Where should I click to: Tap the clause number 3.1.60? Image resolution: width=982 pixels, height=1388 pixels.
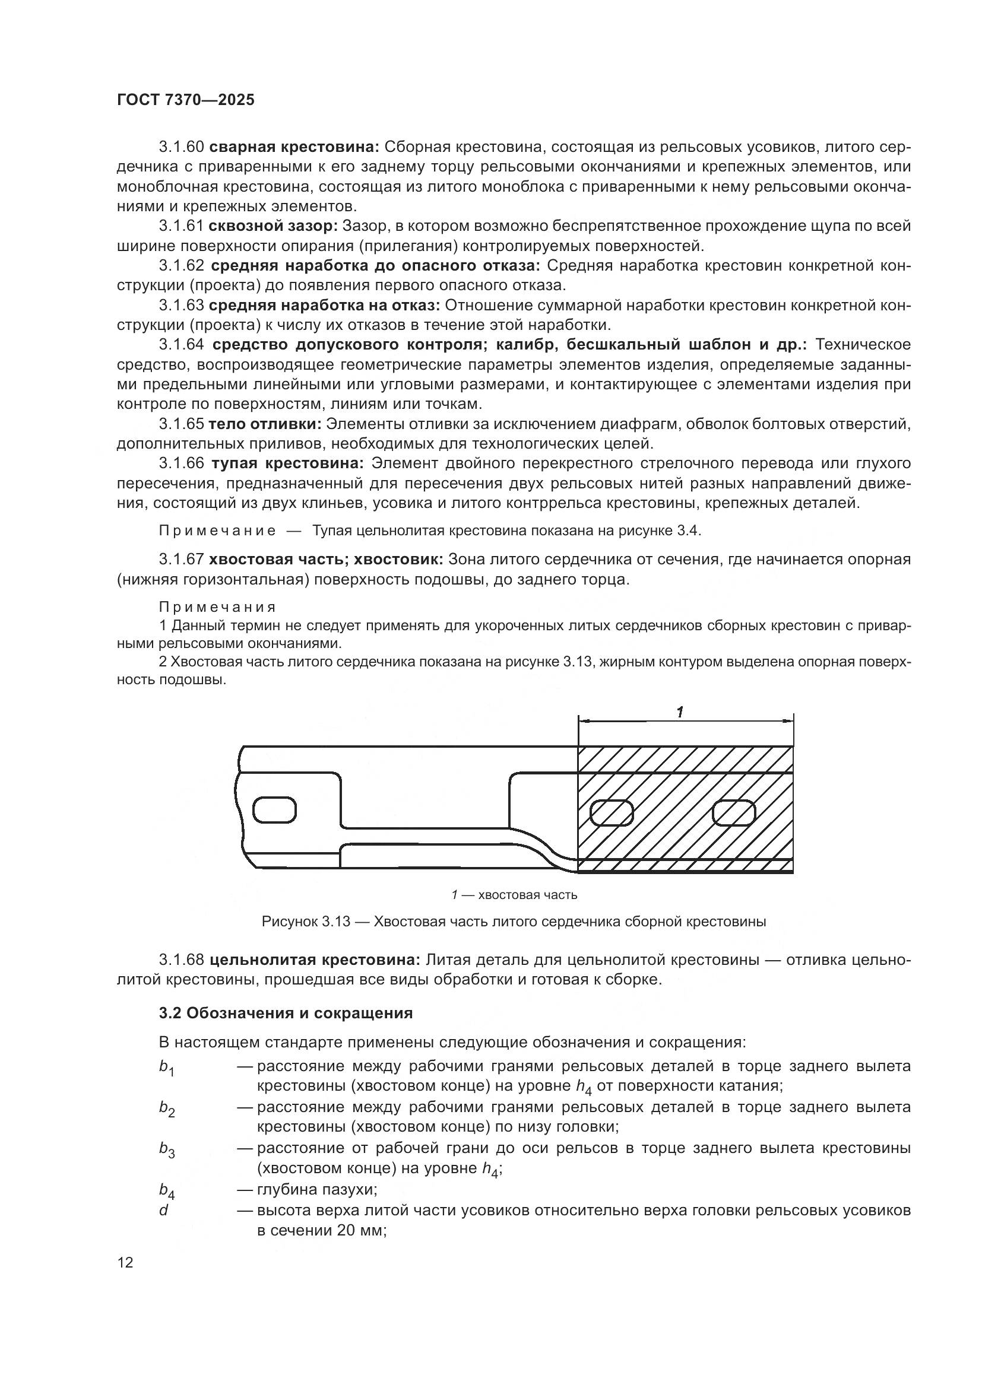[x=182, y=147]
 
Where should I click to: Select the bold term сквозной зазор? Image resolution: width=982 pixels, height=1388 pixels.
[x=273, y=226]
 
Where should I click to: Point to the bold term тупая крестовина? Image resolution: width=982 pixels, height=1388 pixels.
[x=287, y=463]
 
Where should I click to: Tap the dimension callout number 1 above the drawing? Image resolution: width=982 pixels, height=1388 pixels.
[x=680, y=712]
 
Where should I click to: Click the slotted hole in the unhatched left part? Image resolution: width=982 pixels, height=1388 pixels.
[x=274, y=811]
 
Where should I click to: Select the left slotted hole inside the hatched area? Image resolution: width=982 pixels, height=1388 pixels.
[x=612, y=812]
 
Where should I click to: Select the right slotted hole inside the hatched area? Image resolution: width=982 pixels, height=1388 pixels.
[x=734, y=812]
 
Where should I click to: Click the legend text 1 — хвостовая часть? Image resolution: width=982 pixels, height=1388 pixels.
[x=514, y=895]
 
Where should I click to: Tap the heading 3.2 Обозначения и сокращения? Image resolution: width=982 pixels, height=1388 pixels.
[x=286, y=1013]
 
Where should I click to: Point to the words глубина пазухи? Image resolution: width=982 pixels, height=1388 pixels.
[x=317, y=1190]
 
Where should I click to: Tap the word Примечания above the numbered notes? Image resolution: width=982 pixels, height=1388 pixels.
[x=218, y=607]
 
